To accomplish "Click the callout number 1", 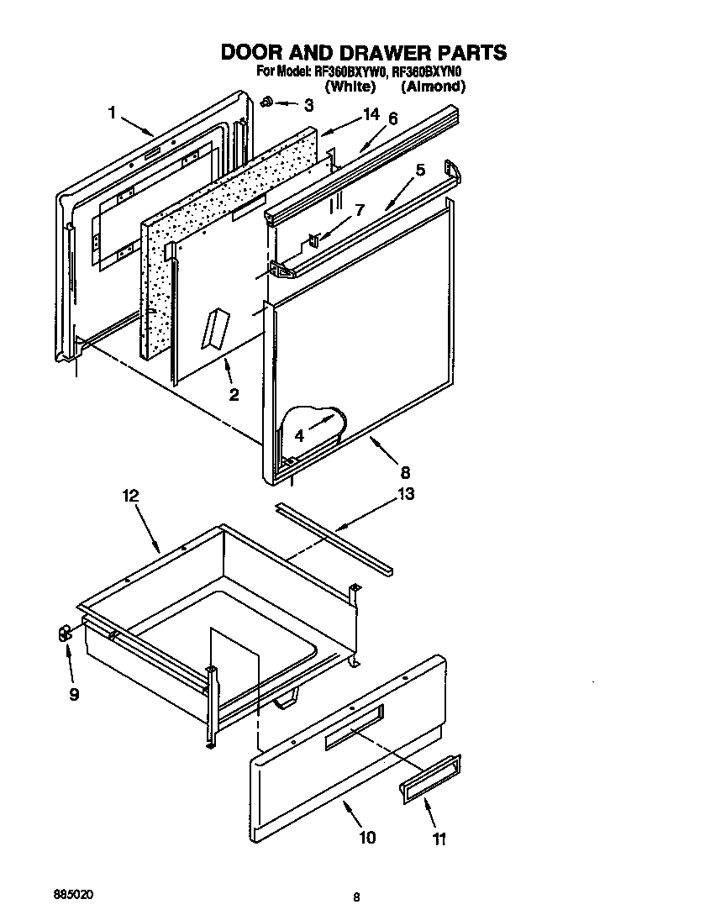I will [111, 113].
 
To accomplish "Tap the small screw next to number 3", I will [265, 103].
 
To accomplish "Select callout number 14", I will [370, 115].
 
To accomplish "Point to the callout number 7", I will [359, 209].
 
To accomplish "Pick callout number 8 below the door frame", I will [405, 472].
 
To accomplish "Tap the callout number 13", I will [405, 494].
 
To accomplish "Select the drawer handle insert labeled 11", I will [431, 775].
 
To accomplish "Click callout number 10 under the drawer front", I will [367, 837].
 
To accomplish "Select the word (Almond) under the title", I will [433, 87].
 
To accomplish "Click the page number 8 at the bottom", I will [356, 897].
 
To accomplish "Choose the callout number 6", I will [392, 119].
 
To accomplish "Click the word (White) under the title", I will [350, 87].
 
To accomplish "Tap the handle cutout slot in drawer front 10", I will [354, 725].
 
